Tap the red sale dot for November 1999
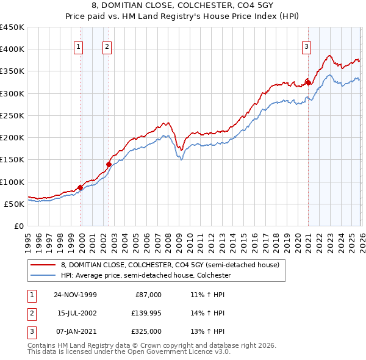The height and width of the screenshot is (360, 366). (80, 187)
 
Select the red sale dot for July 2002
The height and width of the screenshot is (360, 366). (109, 164)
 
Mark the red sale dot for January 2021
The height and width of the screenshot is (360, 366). (308, 82)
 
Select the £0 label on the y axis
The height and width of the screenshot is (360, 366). (19, 226)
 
